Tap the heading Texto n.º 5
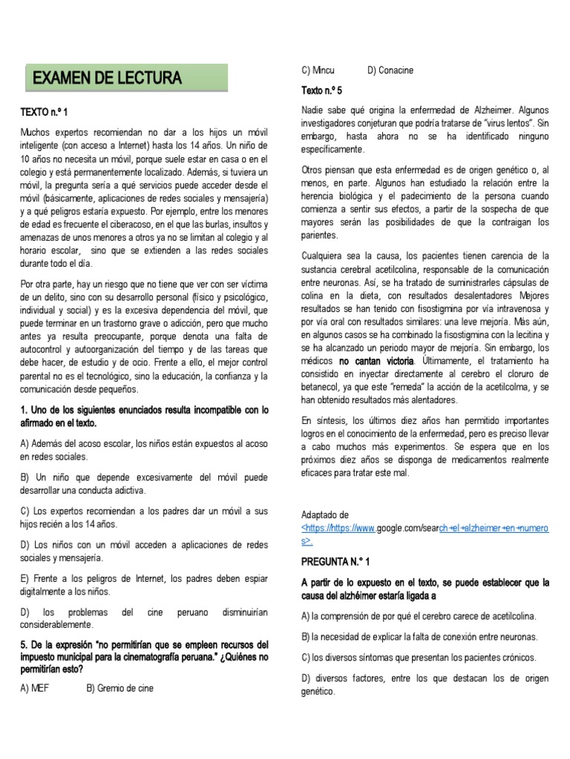click(321, 90)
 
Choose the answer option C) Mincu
click(318, 70)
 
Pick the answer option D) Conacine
click(390, 70)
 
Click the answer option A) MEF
click(34, 688)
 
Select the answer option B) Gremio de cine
click(119, 688)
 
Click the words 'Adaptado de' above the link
click(324, 515)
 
